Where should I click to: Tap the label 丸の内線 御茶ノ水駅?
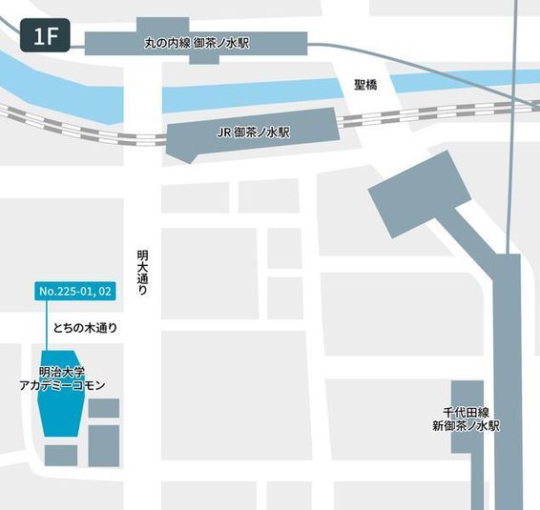click(198, 44)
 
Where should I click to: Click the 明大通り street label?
click(142, 271)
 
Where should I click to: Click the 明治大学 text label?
click(62, 372)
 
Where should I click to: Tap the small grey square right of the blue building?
click(103, 408)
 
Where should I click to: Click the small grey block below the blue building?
click(60, 455)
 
